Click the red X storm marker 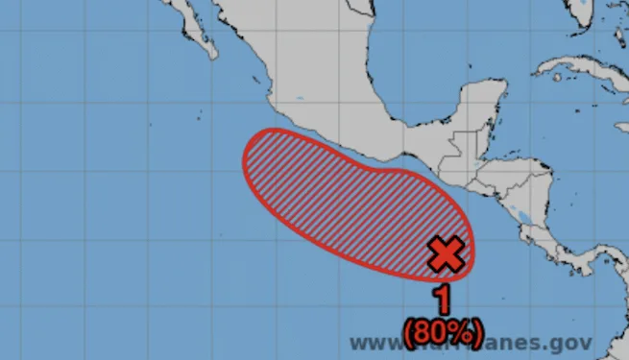[446, 254]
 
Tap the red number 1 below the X [444, 299]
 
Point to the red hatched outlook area [346, 197]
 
